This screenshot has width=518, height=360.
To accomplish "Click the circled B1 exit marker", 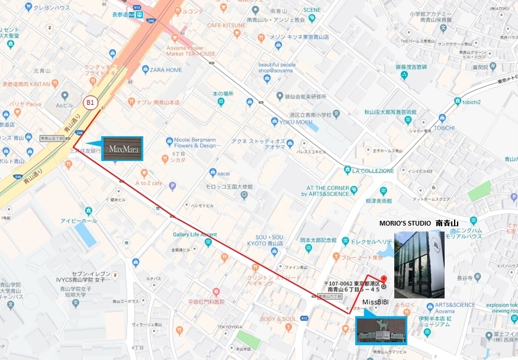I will tap(90, 102).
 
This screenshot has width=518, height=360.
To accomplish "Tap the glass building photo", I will tap(419, 264).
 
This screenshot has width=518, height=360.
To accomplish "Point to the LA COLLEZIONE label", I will tap(373, 171).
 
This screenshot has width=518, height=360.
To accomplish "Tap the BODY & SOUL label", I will tap(278, 319).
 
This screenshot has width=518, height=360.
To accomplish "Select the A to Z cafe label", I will tap(148, 184).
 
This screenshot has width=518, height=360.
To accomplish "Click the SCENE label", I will tap(312, 10).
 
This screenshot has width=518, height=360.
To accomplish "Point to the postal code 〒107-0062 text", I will tap(352, 283).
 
